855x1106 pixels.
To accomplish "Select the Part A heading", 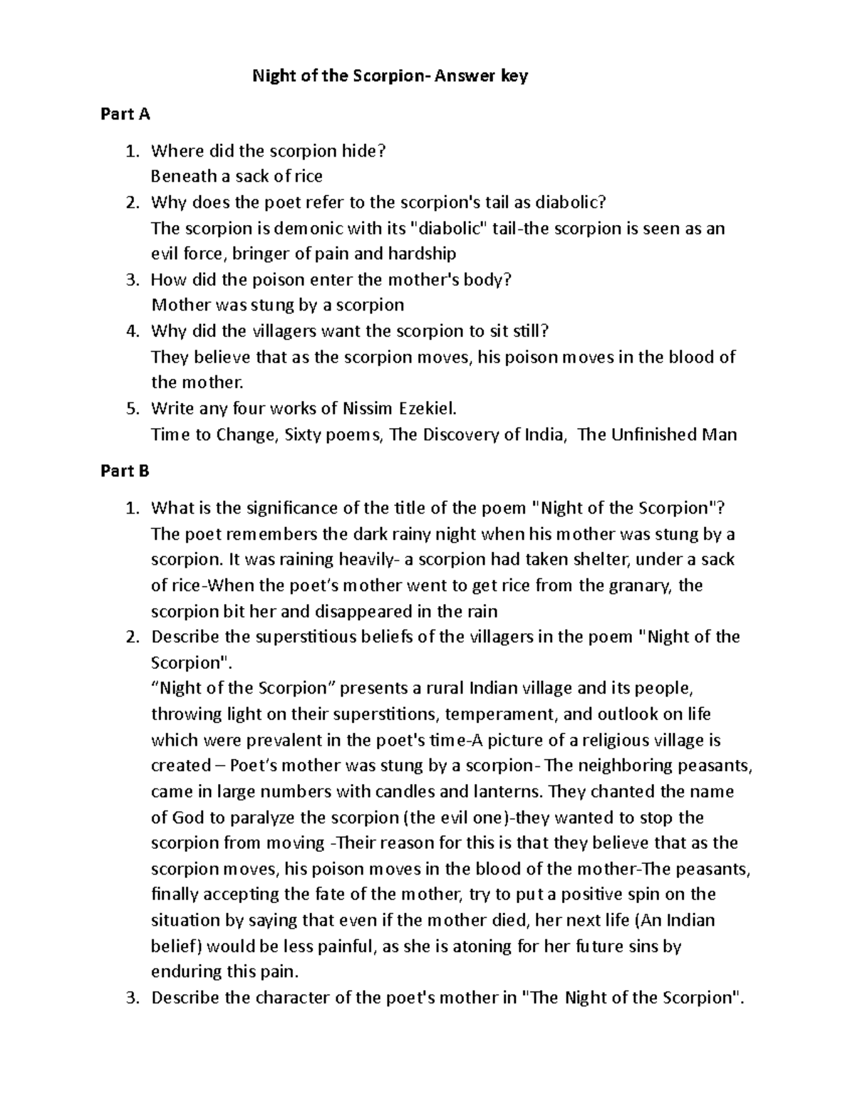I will point(125,114).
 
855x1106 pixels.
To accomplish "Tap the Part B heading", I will point(125,471).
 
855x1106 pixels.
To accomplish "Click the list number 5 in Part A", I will point(130,409).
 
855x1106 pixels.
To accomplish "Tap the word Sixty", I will point(304,434).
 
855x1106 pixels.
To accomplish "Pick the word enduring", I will point(185,972).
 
